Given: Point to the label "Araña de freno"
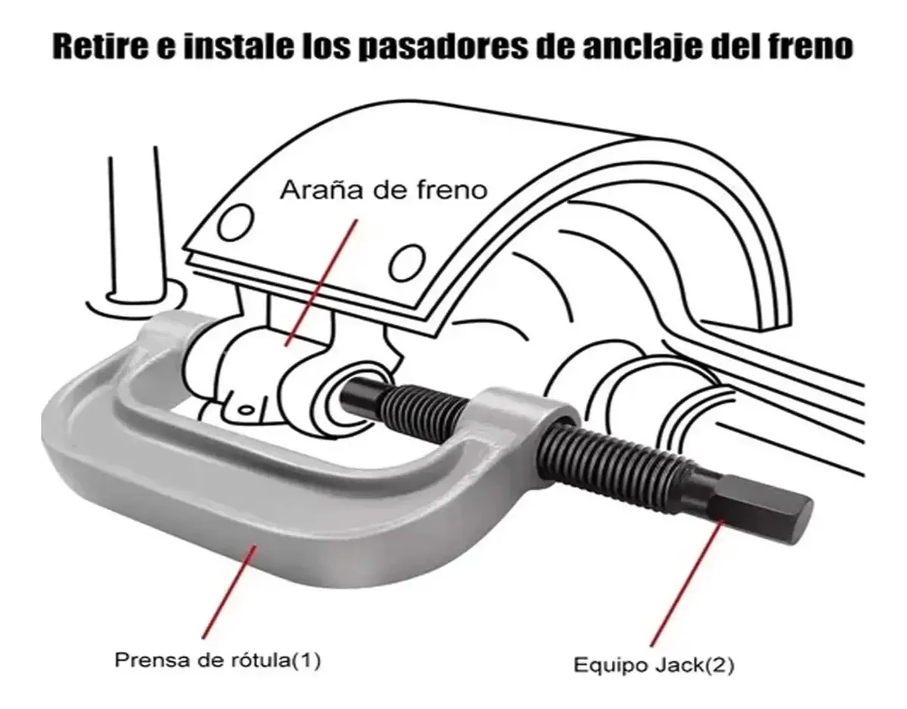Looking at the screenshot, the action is [x=384, y=190].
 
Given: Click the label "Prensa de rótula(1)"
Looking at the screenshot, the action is [x=218, y=659].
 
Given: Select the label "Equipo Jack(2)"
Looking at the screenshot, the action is [x=654, y=665].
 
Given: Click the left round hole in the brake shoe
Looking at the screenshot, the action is [x=236, y=224].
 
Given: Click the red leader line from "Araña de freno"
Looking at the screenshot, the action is [x=321, y=282].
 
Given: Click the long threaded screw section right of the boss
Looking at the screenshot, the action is [x=622, y=457].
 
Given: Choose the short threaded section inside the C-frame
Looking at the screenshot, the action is [x=428, y=404].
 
